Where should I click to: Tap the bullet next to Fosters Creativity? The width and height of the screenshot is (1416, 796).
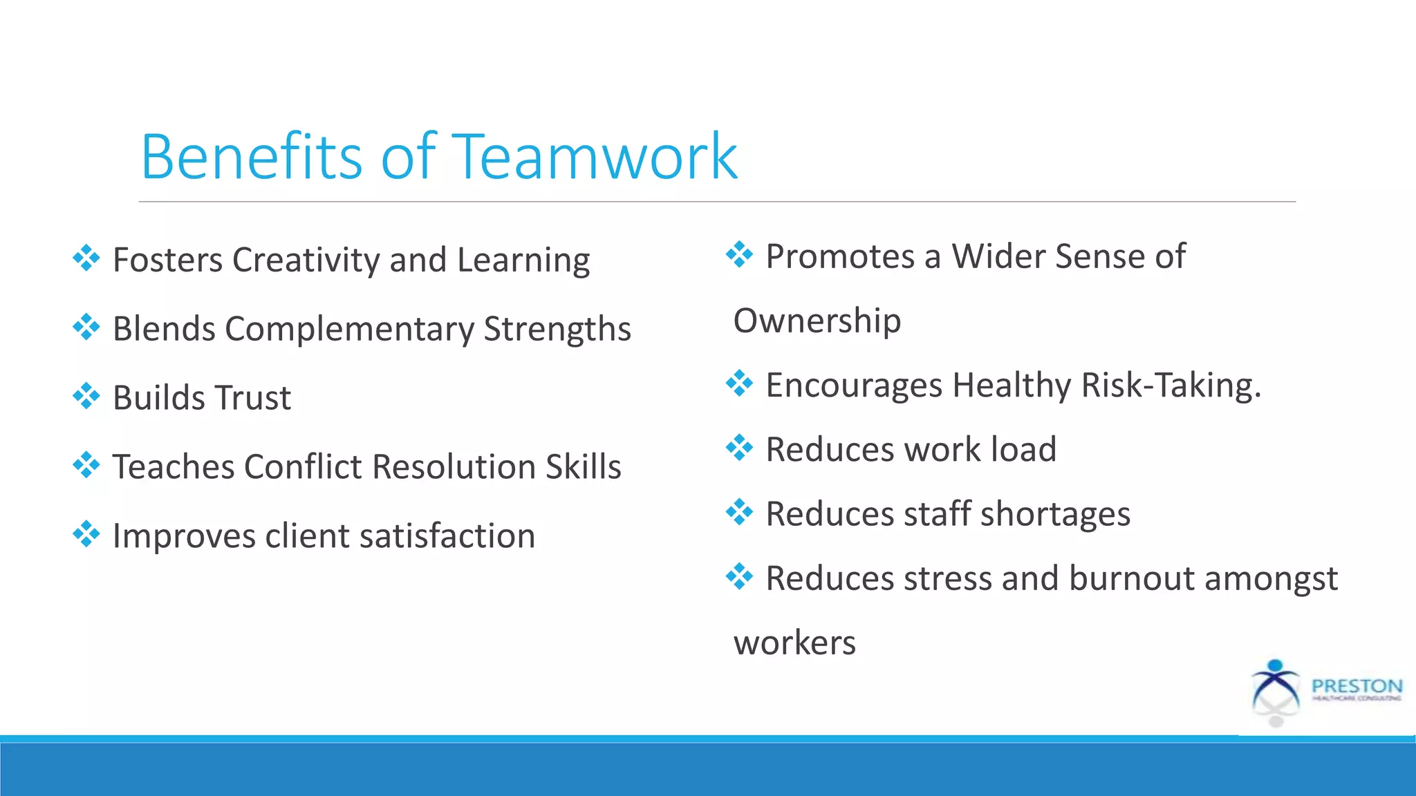pos(86,258)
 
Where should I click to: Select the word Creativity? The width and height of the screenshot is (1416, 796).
pos(306,260)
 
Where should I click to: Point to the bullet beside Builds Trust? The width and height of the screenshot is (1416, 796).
pos(86,396)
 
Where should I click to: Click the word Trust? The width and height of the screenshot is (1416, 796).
pos(253,398)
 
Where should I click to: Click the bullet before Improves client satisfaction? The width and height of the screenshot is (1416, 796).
pos(86,534)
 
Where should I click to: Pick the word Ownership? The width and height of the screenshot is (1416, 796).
pos(817,321)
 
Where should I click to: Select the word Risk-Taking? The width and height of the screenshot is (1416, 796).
pos(1171,385)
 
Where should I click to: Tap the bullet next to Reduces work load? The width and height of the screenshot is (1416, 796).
pos(739,448)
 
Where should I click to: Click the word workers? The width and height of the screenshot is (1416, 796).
pos(794,643)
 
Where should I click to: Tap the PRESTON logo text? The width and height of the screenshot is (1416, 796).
pos(1357,686)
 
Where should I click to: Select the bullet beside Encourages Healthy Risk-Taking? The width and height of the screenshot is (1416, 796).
pos(739,383)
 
